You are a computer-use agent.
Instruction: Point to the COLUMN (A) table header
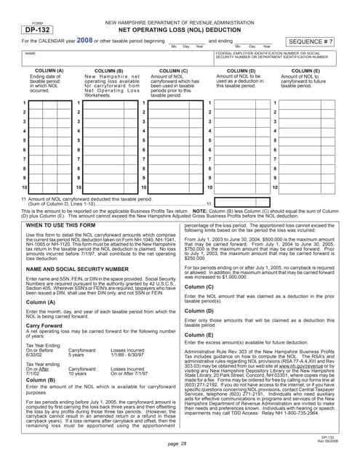(45, 70)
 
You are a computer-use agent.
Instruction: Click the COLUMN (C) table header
(174, 70)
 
